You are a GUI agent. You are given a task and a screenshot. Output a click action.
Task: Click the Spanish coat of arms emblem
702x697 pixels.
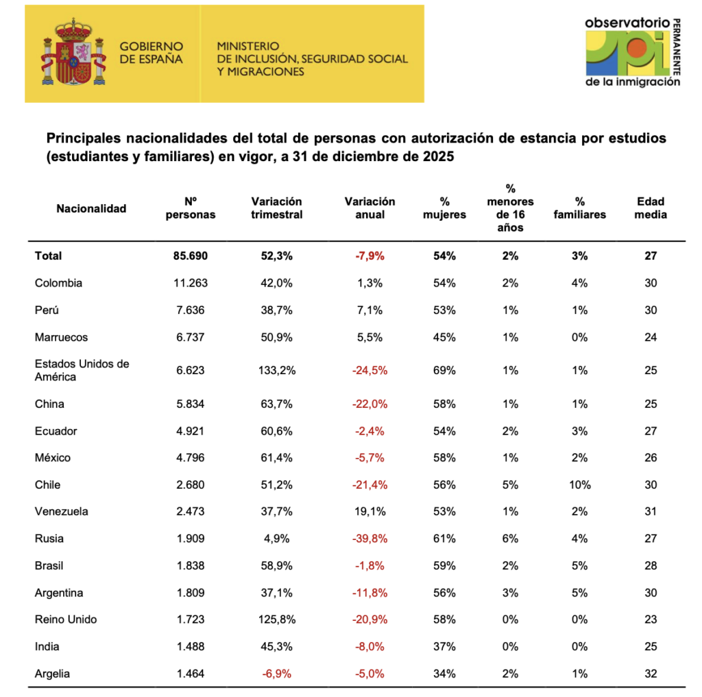pos(73,52)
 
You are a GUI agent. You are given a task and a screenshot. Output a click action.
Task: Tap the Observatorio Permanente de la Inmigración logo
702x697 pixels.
pos(633,52)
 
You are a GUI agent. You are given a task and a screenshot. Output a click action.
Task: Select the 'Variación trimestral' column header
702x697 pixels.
pos(277,208)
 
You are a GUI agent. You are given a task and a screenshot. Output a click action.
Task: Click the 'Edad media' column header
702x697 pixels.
pos(651,208)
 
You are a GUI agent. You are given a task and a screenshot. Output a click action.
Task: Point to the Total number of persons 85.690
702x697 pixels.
pos(191,256)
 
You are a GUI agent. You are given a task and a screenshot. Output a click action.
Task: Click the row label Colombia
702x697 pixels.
pos(59,283)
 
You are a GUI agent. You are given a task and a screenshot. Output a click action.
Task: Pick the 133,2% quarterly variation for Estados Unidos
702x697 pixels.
pos(277,370)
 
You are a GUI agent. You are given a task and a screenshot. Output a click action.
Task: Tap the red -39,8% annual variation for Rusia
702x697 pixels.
pos(370,539)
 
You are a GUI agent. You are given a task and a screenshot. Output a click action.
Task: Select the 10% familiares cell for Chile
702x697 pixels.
pos(580,485)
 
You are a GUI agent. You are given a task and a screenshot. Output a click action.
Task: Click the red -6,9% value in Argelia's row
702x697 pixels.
pos(277,674)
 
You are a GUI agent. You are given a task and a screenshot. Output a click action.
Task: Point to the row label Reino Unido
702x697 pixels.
pos(66,620)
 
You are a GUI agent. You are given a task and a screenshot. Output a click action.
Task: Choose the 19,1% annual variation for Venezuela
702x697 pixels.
pos(370,511)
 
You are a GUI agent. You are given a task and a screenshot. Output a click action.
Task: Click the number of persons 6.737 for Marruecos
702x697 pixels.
pos(191,337)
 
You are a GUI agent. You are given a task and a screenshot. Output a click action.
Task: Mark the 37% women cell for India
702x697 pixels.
pos(444,646)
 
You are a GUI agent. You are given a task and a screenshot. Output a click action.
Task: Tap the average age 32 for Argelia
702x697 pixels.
pos(651,674)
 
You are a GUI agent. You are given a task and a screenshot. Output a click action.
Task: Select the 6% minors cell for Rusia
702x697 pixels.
pos(510,539)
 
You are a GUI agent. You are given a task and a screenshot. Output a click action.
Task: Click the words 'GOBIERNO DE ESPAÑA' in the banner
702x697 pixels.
pos(152,53)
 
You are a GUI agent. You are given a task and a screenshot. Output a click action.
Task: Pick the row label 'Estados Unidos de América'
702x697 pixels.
pos(82,370)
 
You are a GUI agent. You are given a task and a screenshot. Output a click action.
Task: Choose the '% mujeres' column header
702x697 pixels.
pos(444,208)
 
